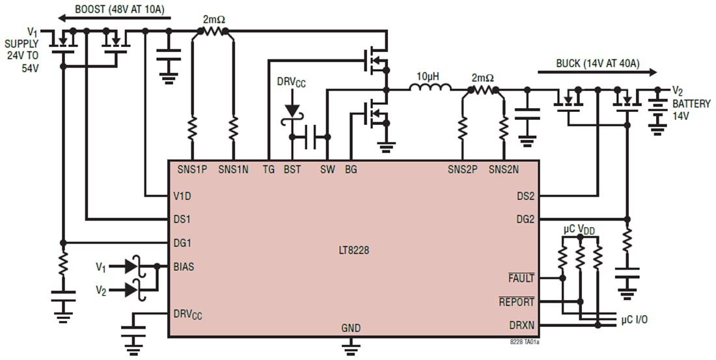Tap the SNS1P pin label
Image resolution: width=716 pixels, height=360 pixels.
[192, 169]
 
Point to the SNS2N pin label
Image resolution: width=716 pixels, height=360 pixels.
[503, 169]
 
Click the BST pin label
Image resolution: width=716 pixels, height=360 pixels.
[292, 169]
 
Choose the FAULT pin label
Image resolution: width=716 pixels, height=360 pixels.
[521, 278]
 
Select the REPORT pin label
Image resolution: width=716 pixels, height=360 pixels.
[516, 302]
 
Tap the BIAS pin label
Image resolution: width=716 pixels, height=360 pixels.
[184, 266]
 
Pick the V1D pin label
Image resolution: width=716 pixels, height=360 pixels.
[182, 195]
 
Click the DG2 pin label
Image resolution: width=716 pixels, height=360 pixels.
[525, 219]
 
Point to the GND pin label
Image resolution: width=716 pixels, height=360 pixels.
[351, 328]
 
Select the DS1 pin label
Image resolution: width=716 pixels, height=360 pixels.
[182, 219]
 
